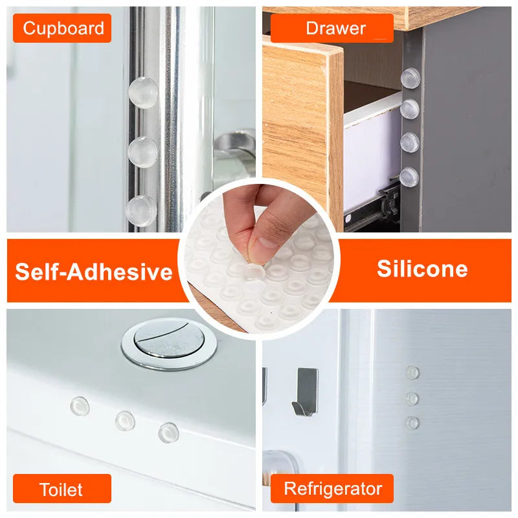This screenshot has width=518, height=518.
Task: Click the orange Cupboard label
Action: [x=62, y=28]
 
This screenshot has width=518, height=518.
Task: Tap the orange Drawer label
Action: [x=332, y=28]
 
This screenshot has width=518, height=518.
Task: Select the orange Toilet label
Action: [x=62, y=489]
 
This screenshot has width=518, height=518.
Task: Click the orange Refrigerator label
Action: [x=332, y=489]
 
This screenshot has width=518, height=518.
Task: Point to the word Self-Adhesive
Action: [x=94, y=271]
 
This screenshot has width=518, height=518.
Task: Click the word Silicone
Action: [x=422, y=269]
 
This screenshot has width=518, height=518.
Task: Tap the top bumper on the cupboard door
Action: [x=143, y=93]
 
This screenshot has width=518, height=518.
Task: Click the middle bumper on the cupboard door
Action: [x=142, y=152]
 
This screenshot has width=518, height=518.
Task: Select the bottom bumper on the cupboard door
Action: [x=141, y=211]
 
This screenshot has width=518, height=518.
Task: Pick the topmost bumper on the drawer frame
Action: [x=411, y=78]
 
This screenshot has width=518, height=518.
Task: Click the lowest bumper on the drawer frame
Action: [x=409, y=177]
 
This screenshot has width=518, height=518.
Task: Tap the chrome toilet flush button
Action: [x=169, y=343]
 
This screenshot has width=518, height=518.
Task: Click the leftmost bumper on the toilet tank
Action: [x=80, y=406]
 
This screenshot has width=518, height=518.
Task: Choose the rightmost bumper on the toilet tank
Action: [x=168, y=433]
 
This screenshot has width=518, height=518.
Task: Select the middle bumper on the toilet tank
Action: [x=125, y=422]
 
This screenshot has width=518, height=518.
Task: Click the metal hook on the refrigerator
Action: [x=306, y=392]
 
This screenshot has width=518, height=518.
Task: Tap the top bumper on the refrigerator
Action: [x=412, y=373]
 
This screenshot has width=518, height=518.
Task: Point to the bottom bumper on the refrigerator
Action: [x=412, y=423]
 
